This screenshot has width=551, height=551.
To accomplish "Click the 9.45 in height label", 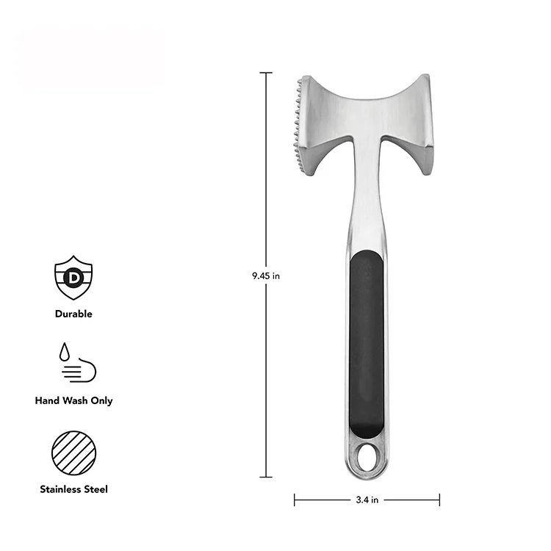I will point(265,276).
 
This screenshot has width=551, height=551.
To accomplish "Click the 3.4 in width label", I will point(367,500).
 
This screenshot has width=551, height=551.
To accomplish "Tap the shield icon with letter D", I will point(73,277).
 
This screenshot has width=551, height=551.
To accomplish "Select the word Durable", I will point(73,314).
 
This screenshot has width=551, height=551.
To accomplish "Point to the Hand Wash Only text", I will point(73,401).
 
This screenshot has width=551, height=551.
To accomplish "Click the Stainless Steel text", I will point(73,489).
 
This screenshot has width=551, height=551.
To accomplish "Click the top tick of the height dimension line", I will point(265,73).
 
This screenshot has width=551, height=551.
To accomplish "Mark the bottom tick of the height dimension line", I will point(265,478).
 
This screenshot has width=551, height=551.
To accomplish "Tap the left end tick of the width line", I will point(295,500).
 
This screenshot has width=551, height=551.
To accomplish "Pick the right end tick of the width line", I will point(439,500).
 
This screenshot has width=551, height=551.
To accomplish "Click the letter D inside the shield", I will point(73,277).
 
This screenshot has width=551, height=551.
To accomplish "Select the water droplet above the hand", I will point(65,352).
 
